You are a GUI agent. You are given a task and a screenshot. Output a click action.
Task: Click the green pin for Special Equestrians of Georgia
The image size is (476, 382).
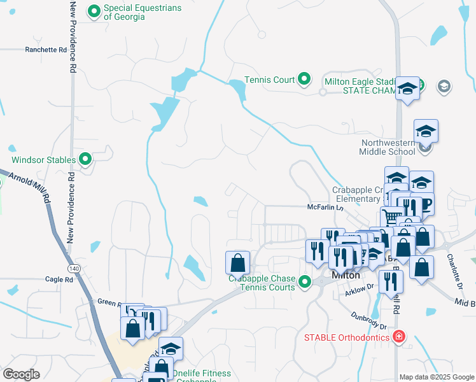click(x=95, y=11)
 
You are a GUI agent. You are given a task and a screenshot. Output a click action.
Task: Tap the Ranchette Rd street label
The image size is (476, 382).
click(x=45, y=50)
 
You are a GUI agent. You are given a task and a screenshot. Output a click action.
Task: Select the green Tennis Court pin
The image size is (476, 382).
click(x=304, y=80)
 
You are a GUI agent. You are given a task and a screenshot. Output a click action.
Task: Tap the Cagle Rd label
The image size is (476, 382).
click(x=59, y=279)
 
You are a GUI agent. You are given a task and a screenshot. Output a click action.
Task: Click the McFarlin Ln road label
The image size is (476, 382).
click(x=325, y=207)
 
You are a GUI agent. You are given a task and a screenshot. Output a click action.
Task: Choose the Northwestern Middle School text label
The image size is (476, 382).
click(x=388, y=147)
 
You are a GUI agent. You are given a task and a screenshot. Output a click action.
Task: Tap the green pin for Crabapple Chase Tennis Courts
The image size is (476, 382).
click(x=304, y=281)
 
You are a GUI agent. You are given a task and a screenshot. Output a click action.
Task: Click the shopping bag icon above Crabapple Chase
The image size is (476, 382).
click(x=237, y=262)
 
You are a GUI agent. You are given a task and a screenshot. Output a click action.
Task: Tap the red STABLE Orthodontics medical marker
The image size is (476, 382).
click(x=399, y=336)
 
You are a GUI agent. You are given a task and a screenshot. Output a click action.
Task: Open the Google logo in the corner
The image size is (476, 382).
click(x=21, y=374)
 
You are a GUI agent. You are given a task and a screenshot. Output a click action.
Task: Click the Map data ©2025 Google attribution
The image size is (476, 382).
click(x=436, y=377)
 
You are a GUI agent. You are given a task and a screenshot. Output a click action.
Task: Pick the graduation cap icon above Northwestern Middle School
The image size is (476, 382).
click(x=426, y=131)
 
